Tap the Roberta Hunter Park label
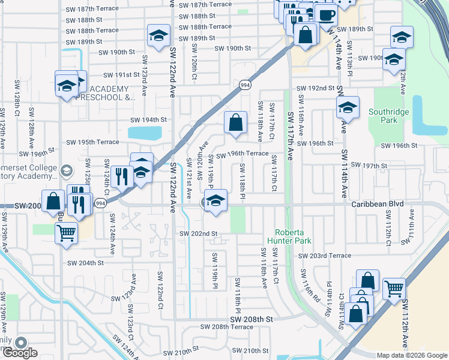coord(294,236)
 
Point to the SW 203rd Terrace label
coord(324,256)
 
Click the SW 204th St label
coord(85,263)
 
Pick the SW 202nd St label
coord(197,233)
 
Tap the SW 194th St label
coord(148,120)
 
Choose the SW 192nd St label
coord(313,88)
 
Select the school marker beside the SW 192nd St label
coord(348,108)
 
